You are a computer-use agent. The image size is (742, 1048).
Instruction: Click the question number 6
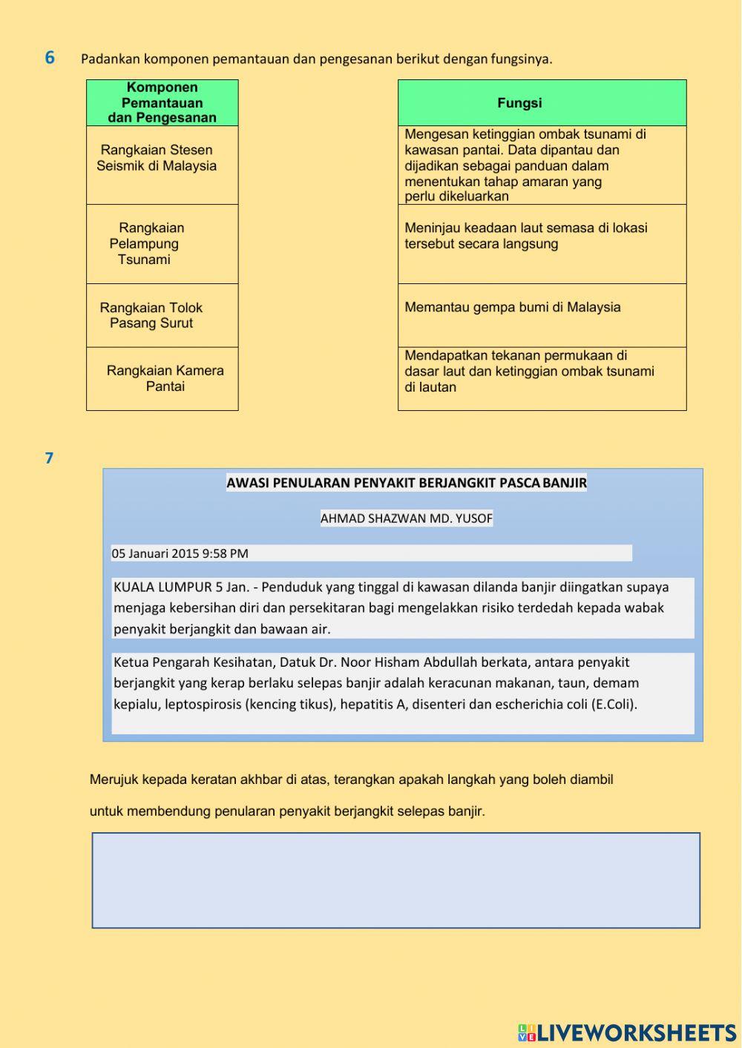50,58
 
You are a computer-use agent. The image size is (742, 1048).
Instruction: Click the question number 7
49,458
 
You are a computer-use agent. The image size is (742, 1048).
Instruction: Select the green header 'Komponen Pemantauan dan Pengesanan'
162,102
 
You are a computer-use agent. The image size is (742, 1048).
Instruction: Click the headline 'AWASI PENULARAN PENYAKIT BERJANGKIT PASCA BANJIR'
406,484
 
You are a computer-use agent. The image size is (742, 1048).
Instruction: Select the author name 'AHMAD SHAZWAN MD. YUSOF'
406,518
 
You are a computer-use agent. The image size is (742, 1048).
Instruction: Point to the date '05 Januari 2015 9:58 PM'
180,553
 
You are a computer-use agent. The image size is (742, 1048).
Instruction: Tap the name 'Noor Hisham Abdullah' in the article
409,662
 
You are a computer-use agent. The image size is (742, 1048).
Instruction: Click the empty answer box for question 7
395,880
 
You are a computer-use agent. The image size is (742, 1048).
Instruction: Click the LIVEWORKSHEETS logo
627,1032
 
